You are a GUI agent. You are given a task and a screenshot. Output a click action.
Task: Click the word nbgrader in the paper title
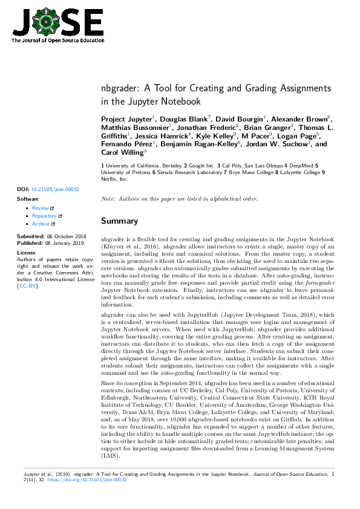[118, 89]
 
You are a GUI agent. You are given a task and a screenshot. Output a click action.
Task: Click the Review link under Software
[40, 208]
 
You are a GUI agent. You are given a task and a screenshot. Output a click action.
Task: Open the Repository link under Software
[44, 216]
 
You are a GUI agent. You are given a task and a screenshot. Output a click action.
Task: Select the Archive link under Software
[41, 224]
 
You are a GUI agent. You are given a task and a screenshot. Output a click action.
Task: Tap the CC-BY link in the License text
[28, 286]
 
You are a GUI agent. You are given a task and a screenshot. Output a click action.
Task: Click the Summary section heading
[119, 221]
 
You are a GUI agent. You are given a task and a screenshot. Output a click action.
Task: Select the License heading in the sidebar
[26, 252]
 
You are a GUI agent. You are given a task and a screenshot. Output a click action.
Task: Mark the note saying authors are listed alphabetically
[179, 199]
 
